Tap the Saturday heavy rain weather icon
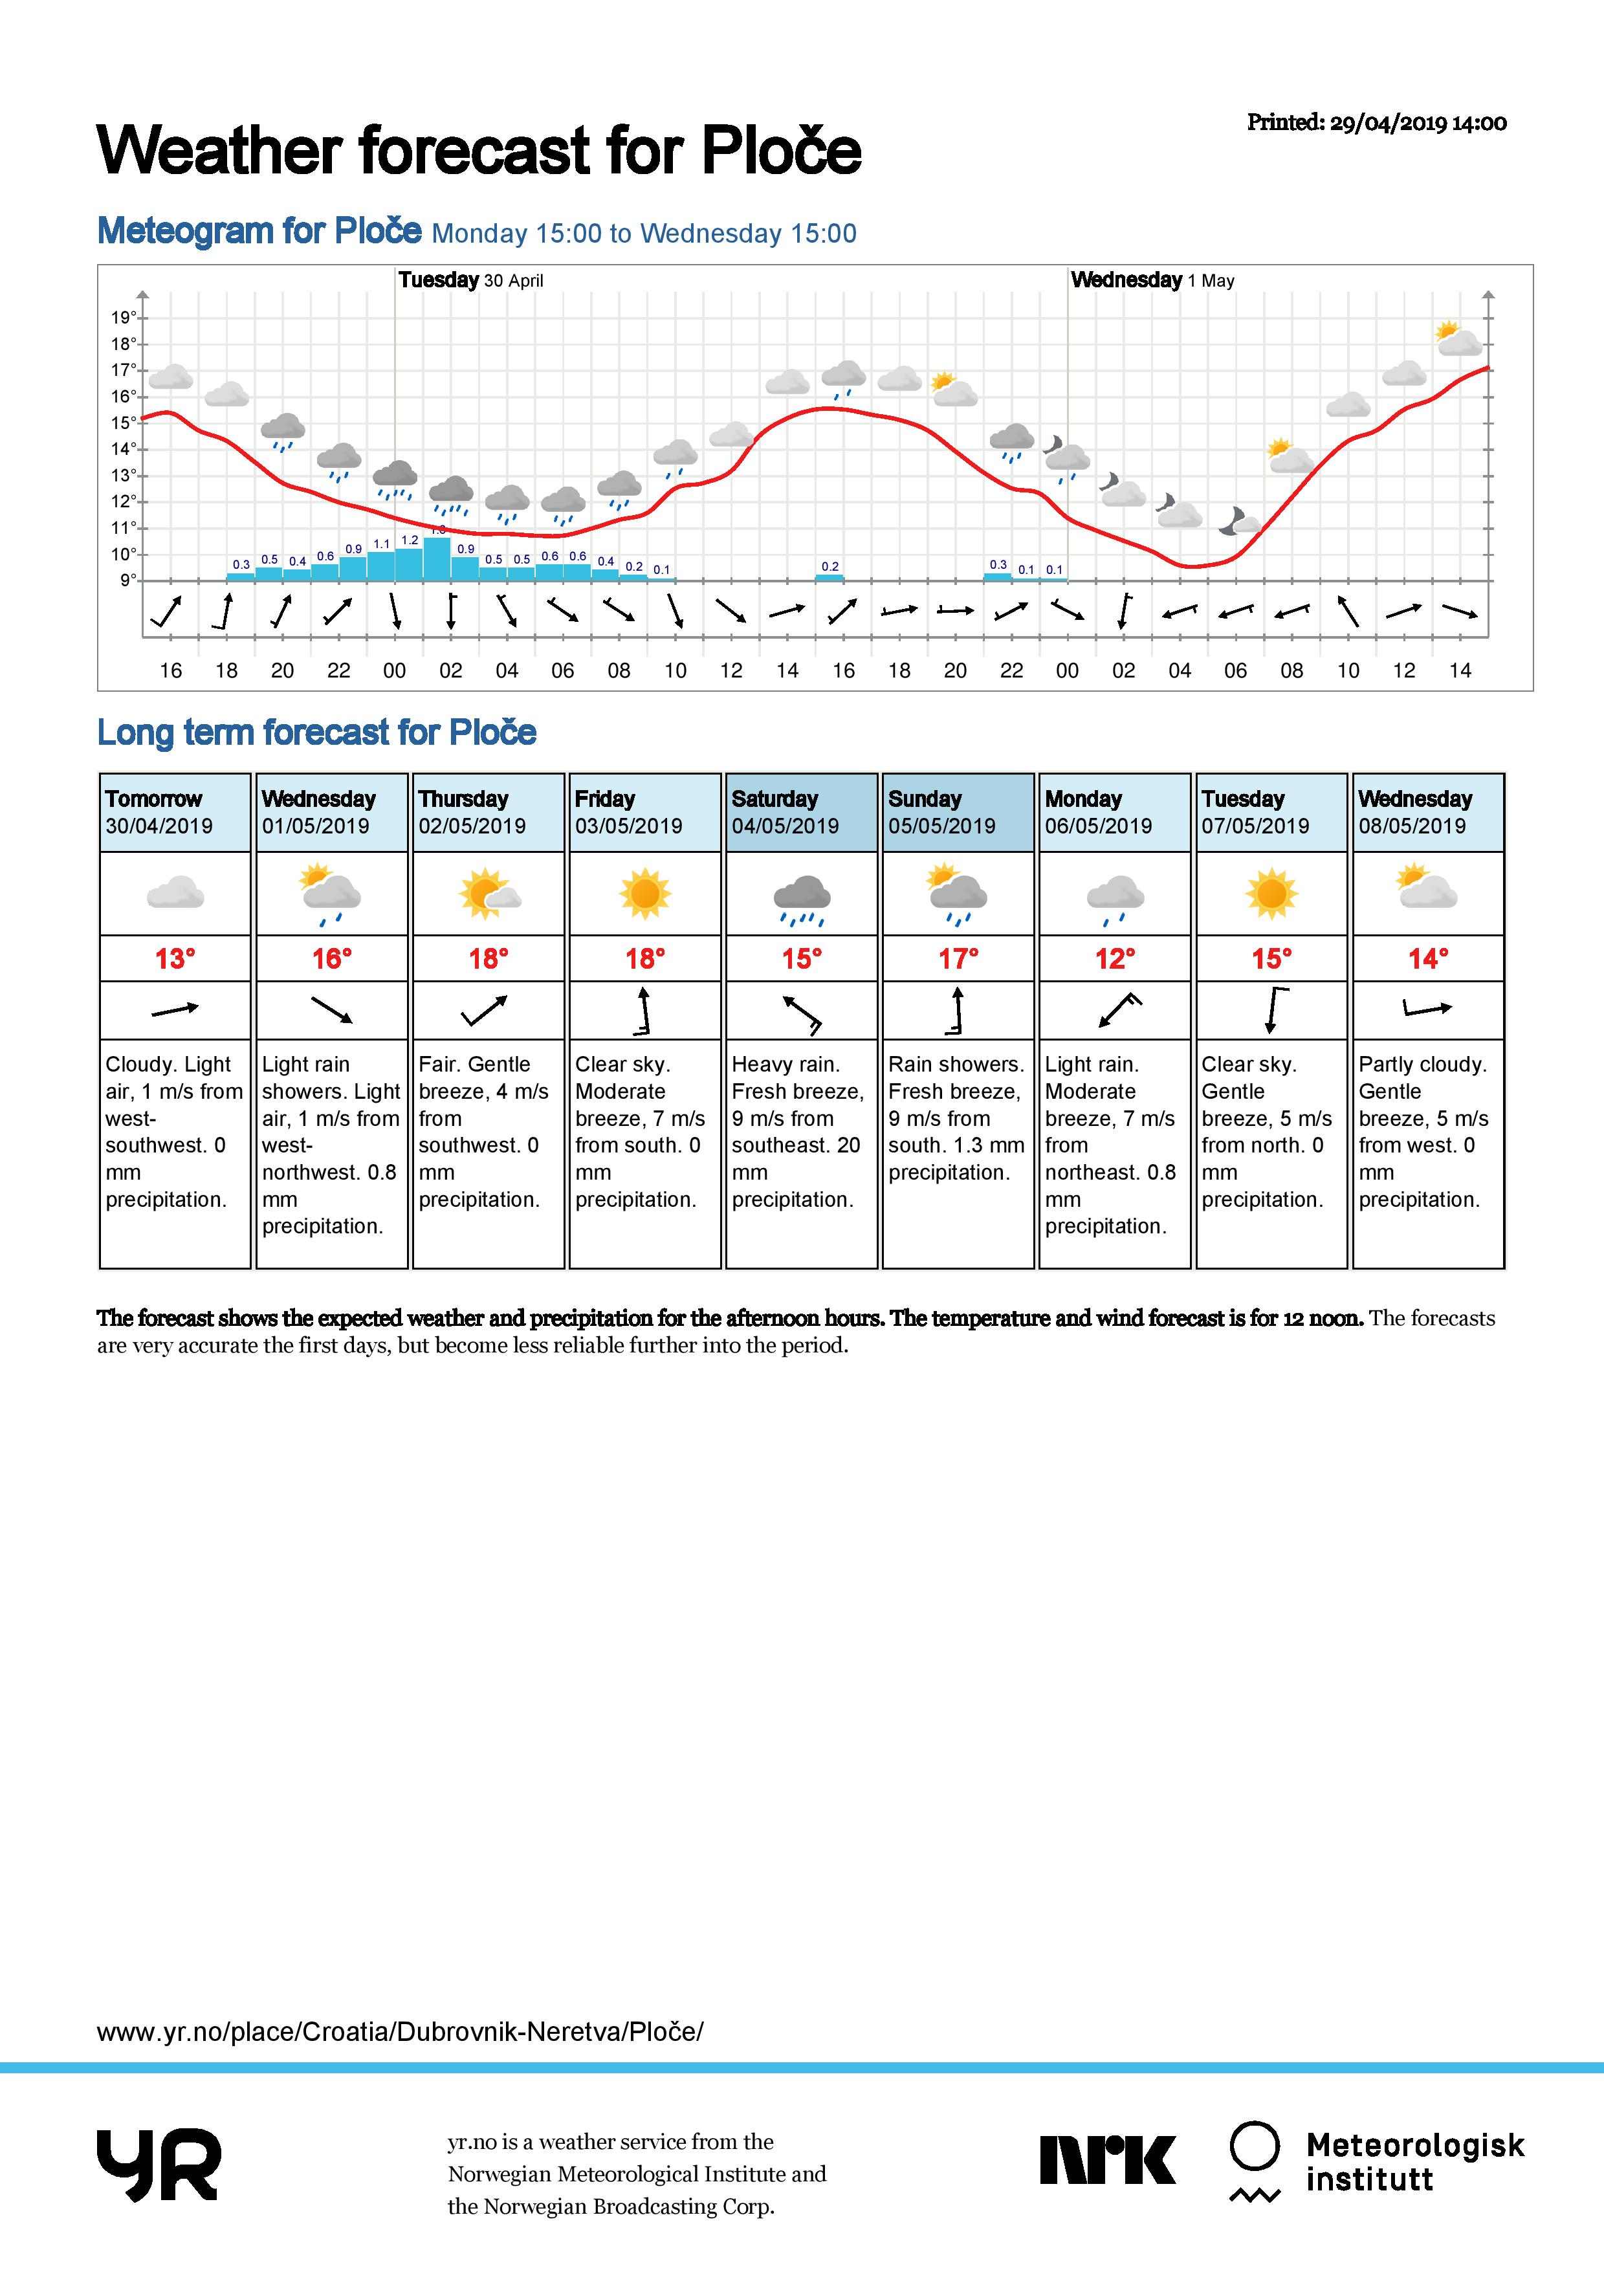coord(802,898)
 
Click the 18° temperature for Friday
coord(644,958)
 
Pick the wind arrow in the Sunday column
coord(957,1010)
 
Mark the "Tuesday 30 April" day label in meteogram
coord(470,280)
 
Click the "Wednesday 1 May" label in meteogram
coord(1152,280)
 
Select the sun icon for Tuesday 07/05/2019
coord(1270,894)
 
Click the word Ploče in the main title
coord(781,150)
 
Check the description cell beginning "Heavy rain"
coord(800,1131)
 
